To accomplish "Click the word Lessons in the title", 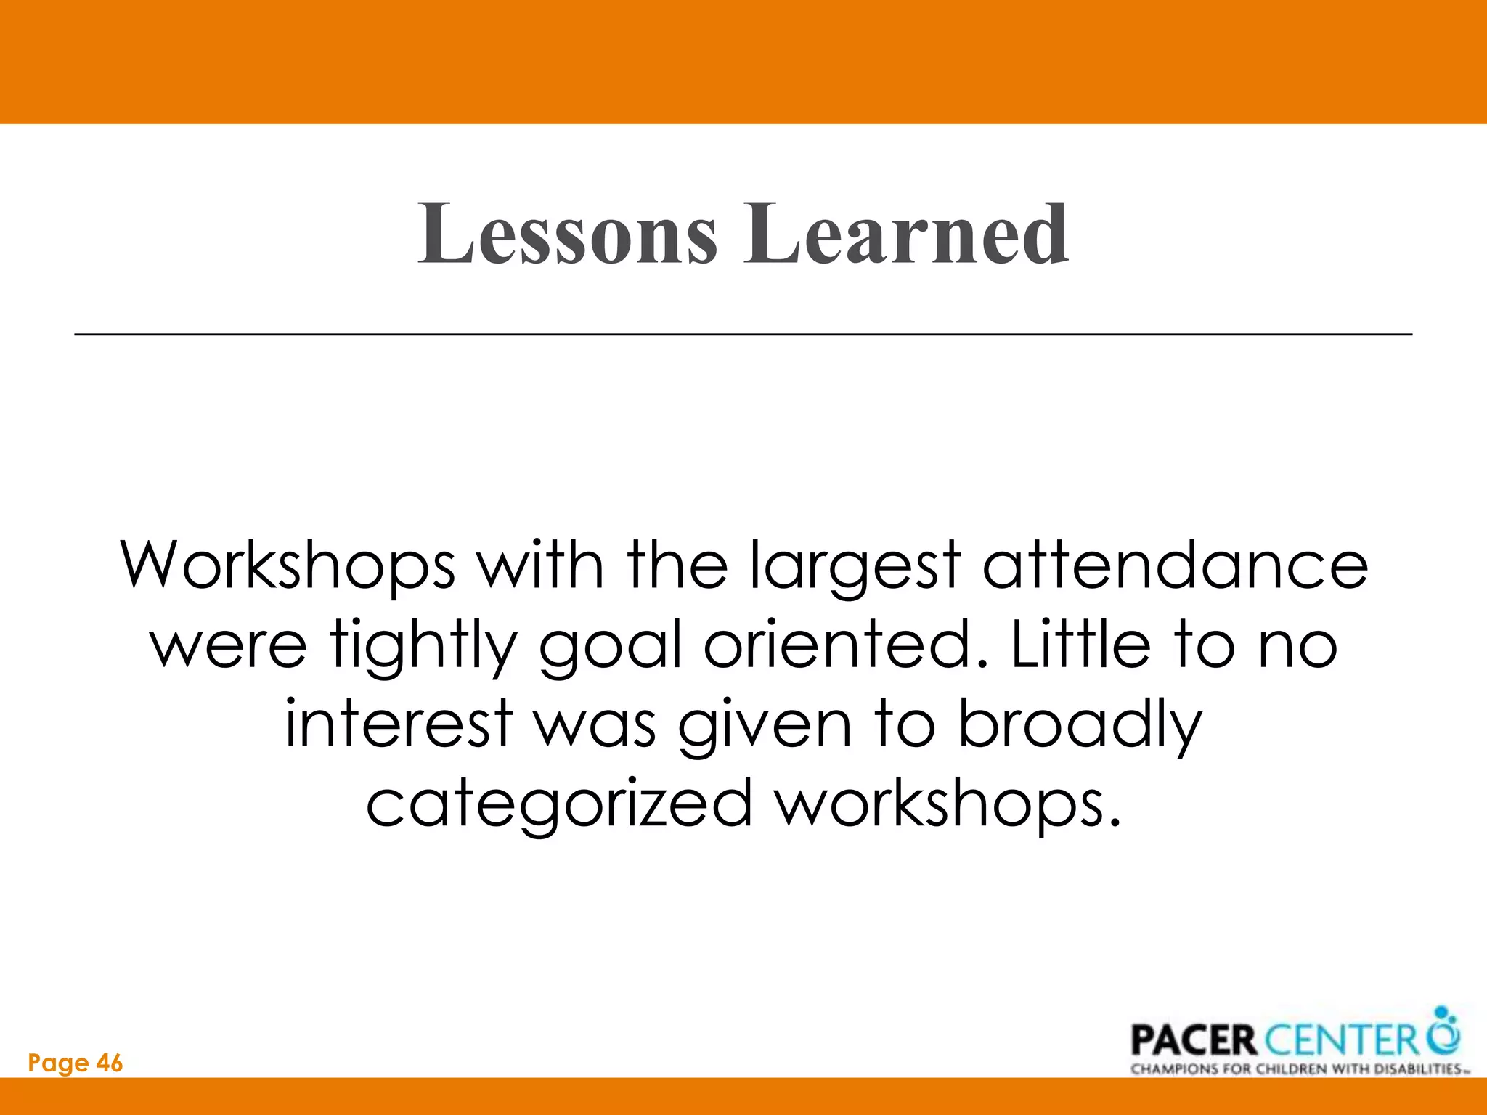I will (x=567, y=234).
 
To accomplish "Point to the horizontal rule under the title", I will (x=743, y=334).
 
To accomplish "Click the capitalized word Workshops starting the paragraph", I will (x=288, y=565).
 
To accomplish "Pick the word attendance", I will (x=1175, y=565).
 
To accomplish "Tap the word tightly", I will (x=423, y=646).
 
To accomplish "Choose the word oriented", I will (x=846, y=645).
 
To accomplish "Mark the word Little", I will (x=1080, y=645).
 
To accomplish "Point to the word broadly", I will (x=1080, y=726).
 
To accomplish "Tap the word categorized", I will (x=558, y=804).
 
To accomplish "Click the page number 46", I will (x=110, y=1063).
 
